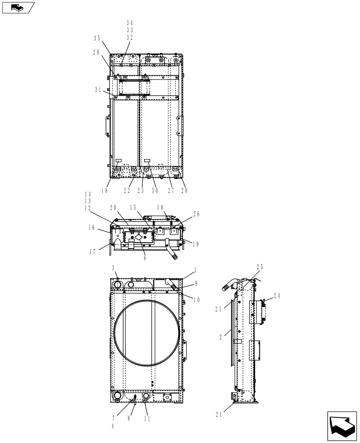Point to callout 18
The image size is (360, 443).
click(104, 190)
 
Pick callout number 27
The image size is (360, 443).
click(171, 190)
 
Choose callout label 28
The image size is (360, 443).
click(184, 190)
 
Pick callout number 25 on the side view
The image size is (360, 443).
click(260, 267)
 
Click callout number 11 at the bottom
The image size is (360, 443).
click(147, 419)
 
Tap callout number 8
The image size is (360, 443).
click(129, 419)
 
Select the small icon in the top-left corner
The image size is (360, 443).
click(17, 7)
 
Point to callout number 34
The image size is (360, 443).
click(129, 23)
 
